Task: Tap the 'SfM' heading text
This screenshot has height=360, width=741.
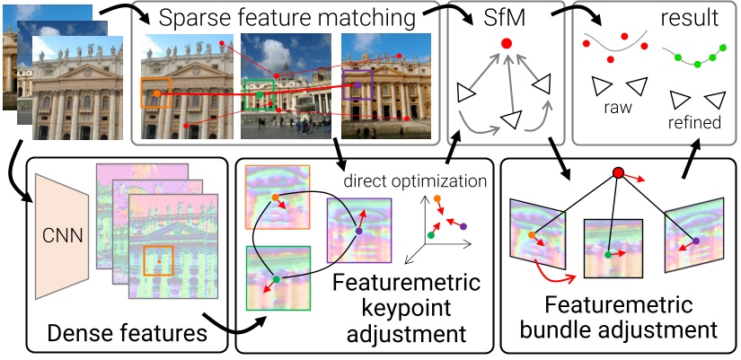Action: pos(505,17)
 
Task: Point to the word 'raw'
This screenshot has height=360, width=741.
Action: pos(619,106)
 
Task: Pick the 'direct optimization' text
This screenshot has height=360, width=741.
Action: pos(414,180)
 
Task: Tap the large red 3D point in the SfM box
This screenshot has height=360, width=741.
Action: pos(506,43)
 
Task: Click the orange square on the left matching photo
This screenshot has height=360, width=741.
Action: pos(156,92)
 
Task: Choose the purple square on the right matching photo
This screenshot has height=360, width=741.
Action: pos(357,85)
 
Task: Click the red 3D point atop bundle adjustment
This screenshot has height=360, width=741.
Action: pos(618,172)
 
